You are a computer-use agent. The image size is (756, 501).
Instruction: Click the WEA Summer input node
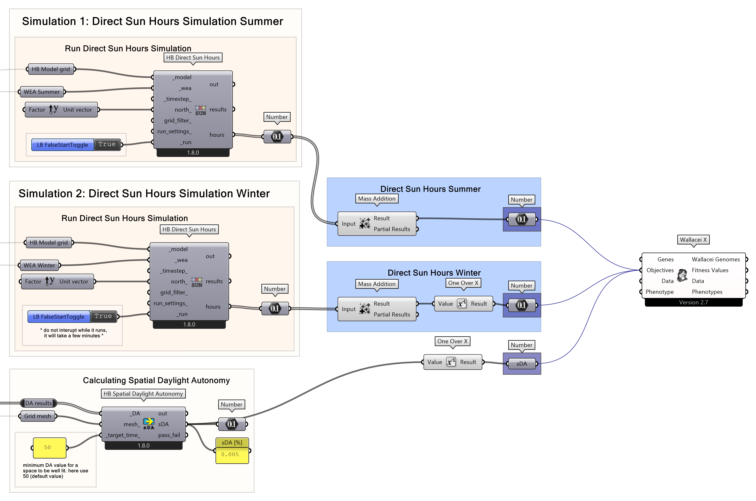[42, 92]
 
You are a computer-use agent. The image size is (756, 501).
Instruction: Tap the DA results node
[38, 403]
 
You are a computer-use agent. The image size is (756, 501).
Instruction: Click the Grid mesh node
[37, 416]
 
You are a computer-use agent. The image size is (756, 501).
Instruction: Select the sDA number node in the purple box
[521, 364]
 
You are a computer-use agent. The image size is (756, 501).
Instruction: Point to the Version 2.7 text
[693, 302]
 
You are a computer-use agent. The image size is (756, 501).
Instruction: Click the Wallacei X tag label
[693, 240]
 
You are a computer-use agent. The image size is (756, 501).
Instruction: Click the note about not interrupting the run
[73, 333]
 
